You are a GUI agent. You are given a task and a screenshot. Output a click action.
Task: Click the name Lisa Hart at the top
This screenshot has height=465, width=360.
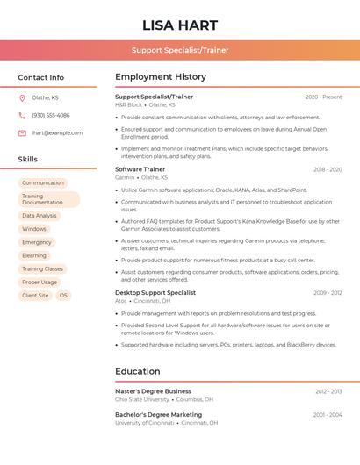click(x=179, y=25)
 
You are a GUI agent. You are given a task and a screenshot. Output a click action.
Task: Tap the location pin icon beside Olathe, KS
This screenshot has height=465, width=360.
click(x=22, y=97)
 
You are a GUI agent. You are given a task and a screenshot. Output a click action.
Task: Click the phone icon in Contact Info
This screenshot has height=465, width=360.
click(x=22, y=115)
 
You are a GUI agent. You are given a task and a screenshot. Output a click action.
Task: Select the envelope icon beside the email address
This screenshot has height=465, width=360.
click(x=22, y=133)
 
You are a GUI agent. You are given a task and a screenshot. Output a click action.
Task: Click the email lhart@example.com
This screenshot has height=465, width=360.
click(x=57, y=133)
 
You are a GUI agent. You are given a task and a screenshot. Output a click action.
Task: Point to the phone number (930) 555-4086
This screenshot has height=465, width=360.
click(x=51, y=115)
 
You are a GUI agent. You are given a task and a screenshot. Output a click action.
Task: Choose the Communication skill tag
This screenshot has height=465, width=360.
click(x=43, y=182)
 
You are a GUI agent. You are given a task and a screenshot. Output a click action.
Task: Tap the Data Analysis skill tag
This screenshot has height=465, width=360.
click(x=40, y=215)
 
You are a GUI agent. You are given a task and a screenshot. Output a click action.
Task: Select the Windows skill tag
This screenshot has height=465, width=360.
click(x=34, y=229)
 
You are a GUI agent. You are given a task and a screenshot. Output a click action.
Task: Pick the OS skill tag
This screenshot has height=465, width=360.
click(x=63, y=296)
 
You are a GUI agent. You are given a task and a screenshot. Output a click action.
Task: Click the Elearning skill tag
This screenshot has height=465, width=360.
click(x=34, y=255)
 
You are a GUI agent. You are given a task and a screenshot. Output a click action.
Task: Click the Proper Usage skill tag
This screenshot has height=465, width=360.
click(x=40, y=283)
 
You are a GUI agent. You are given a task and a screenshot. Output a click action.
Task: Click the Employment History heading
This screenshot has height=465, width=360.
click(x=161, y=77)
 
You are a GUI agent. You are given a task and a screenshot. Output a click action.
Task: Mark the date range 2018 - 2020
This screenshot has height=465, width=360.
click(x=328, y=169)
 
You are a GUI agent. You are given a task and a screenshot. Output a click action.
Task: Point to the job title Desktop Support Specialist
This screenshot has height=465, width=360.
click(x=155, y=292)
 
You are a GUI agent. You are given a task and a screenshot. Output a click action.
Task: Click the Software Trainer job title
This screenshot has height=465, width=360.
click(x=140, y=169)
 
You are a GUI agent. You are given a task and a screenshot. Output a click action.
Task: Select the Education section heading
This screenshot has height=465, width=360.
click(x=137, y=371)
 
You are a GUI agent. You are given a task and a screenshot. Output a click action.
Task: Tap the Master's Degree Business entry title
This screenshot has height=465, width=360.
click(x=153, y=391)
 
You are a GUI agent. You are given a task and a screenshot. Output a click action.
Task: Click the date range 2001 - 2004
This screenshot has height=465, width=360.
click(x=328, y=414)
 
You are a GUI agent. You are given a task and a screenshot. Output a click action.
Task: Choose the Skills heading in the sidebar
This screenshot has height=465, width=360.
click(x=28, y=159)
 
